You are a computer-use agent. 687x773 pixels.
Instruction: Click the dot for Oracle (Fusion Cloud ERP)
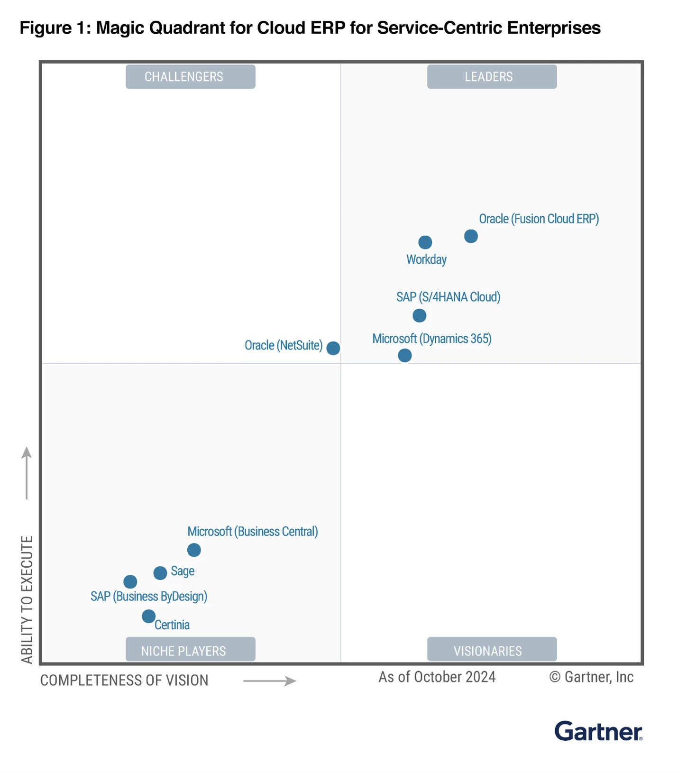470,236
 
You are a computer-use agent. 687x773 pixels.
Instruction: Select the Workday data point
425,242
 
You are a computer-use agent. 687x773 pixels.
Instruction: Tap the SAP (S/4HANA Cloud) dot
419,315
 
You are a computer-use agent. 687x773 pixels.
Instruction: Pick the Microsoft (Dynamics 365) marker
404,355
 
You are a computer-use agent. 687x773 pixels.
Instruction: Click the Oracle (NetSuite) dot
333,348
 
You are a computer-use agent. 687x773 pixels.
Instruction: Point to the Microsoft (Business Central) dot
193,550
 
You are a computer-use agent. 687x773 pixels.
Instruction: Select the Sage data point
160,573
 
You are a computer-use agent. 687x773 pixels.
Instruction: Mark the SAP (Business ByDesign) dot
130,581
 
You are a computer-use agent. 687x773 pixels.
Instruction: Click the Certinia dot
148,616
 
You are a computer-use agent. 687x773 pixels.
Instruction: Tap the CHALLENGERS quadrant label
190,77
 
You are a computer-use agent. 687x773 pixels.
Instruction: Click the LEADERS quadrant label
491,77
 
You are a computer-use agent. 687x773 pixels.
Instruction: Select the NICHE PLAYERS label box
190,650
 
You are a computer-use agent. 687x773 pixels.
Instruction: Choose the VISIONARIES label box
491,650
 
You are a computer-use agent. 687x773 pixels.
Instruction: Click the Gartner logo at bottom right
598,731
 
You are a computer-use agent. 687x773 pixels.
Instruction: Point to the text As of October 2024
437,677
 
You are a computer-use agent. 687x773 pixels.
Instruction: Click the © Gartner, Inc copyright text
591,677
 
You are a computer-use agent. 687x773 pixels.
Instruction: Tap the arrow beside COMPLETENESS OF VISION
269,681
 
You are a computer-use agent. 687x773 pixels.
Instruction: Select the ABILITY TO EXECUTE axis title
27,599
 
